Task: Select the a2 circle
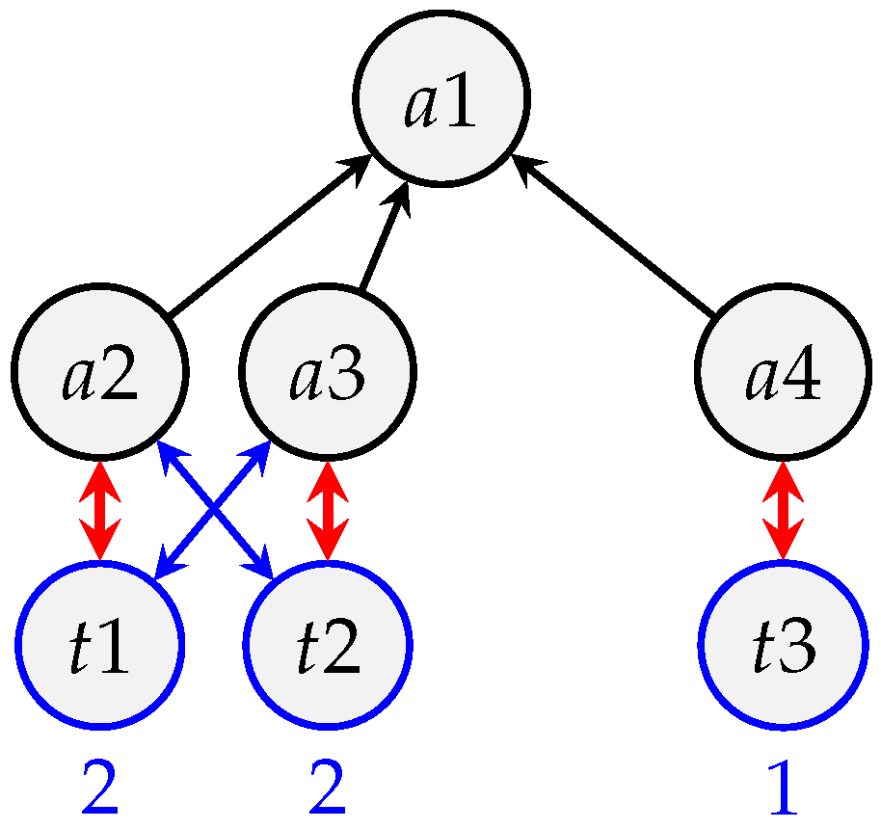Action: coord(100,373)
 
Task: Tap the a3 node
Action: coord(328,373)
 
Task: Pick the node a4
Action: coord(783,373)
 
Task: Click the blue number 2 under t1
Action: coord(99,789)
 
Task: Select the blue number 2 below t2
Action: coord(328,789)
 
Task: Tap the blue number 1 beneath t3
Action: coord(783,789)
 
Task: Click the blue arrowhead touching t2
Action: coord(264,569)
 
